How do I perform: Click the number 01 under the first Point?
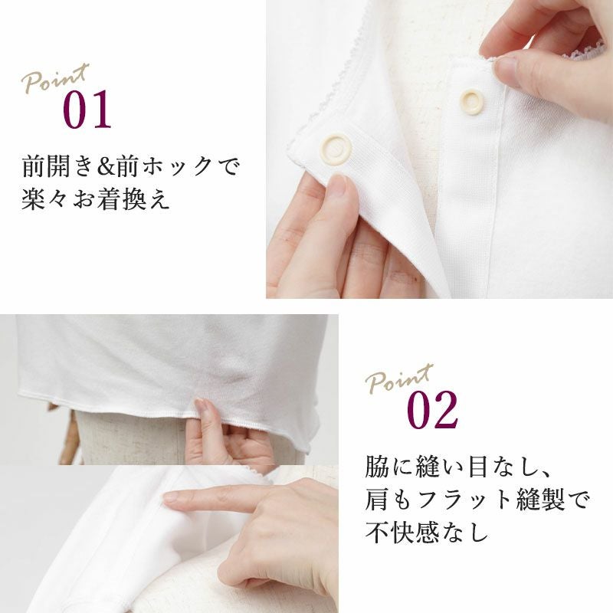(x=87, y=109)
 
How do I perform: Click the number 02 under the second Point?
(x=432, y=410)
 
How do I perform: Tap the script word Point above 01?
(x=55, y=79)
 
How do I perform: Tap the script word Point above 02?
(x=399, y=379)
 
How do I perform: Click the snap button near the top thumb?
(x=471, y=102)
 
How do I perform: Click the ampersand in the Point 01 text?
(x=106, y=167)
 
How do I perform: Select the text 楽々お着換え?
(x=95, y=198)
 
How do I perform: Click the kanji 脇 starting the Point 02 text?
(x=377, y=467)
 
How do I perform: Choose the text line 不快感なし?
(x=427, y=532)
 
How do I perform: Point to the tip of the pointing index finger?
(x=166, y=497)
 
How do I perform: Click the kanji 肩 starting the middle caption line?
(x=377, y=500)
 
